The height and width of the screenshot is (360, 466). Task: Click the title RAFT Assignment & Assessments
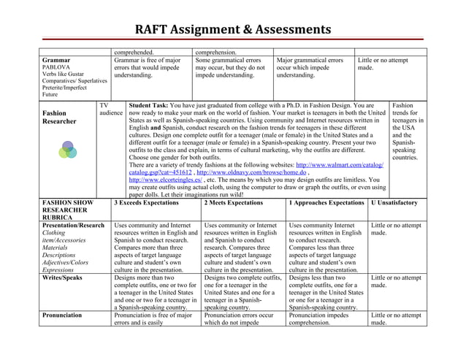(x=233, y=31)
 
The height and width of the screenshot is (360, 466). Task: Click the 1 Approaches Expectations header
(x=326, y=202)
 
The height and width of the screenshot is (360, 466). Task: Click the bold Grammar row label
(x=57, y=60)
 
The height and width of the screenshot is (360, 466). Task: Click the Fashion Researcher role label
(x=59, y=118)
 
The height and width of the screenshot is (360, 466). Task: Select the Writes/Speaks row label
(x=63, y=278)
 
